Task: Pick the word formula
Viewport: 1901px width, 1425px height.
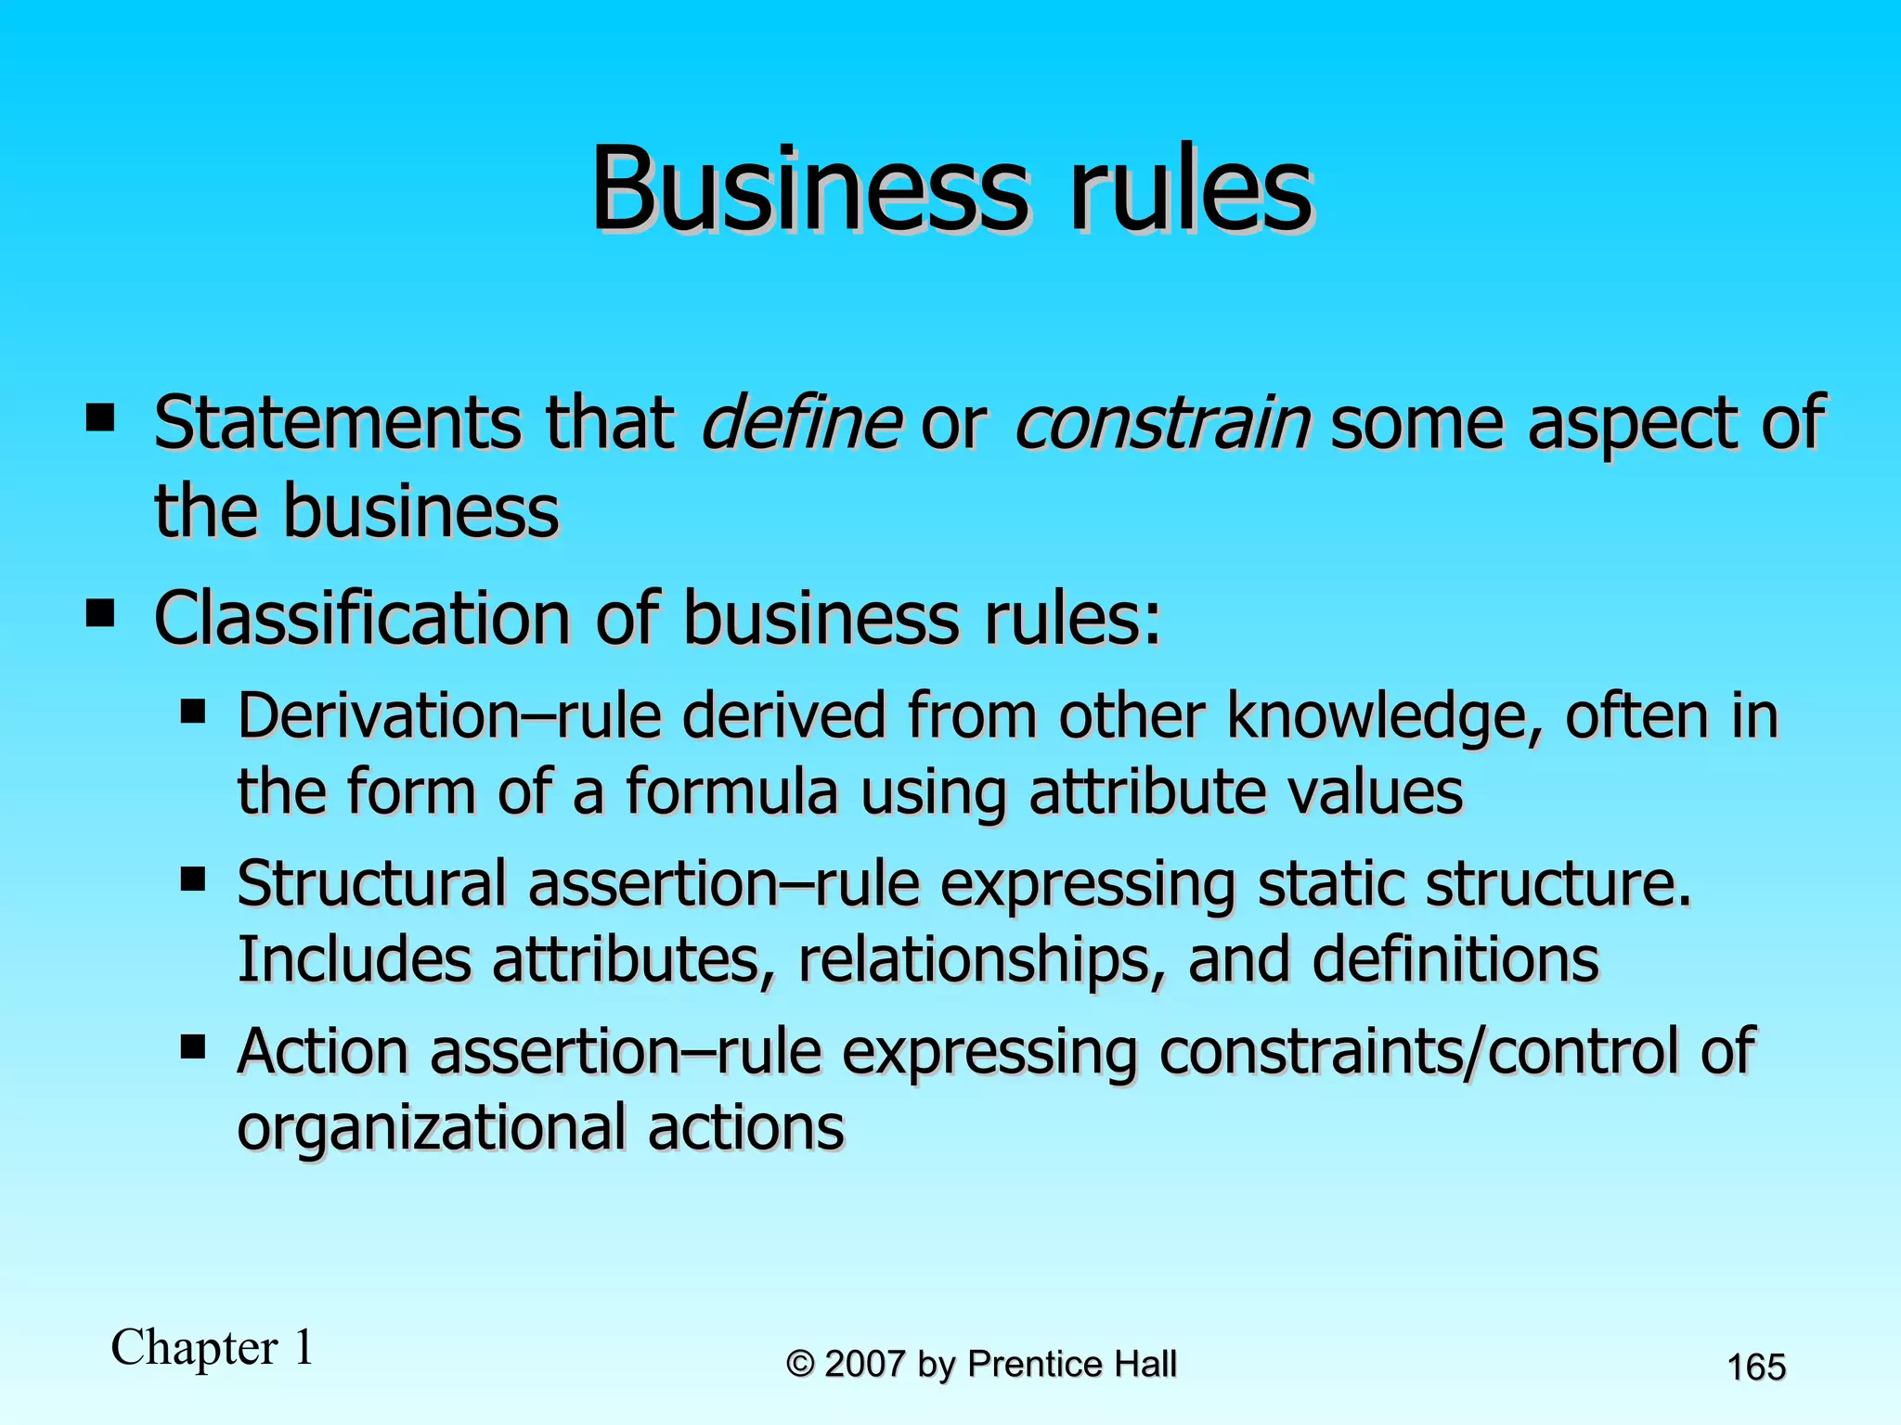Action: pyautogui.click(x=731, y=793)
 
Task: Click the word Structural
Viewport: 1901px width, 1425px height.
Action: pyautogui.click(x=371, y=884)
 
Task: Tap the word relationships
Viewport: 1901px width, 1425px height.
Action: pyautogui.click(x=981, y=960)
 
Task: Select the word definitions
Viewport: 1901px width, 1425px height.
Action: pyautogui.click(x=1455, y=960)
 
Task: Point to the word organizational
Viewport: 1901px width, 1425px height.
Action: pyautogui.click(x=432, y=1129)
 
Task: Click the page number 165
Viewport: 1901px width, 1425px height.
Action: pyautogui.click(x=1756, y=1367)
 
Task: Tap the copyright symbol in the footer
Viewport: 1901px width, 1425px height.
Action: pyautogui.click(x=800, y=1365)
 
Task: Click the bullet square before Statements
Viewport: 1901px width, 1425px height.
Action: pyautogui.click(x=99, y=417)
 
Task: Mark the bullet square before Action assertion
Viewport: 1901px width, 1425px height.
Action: pyautogui.click(x=193, y=1047)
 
